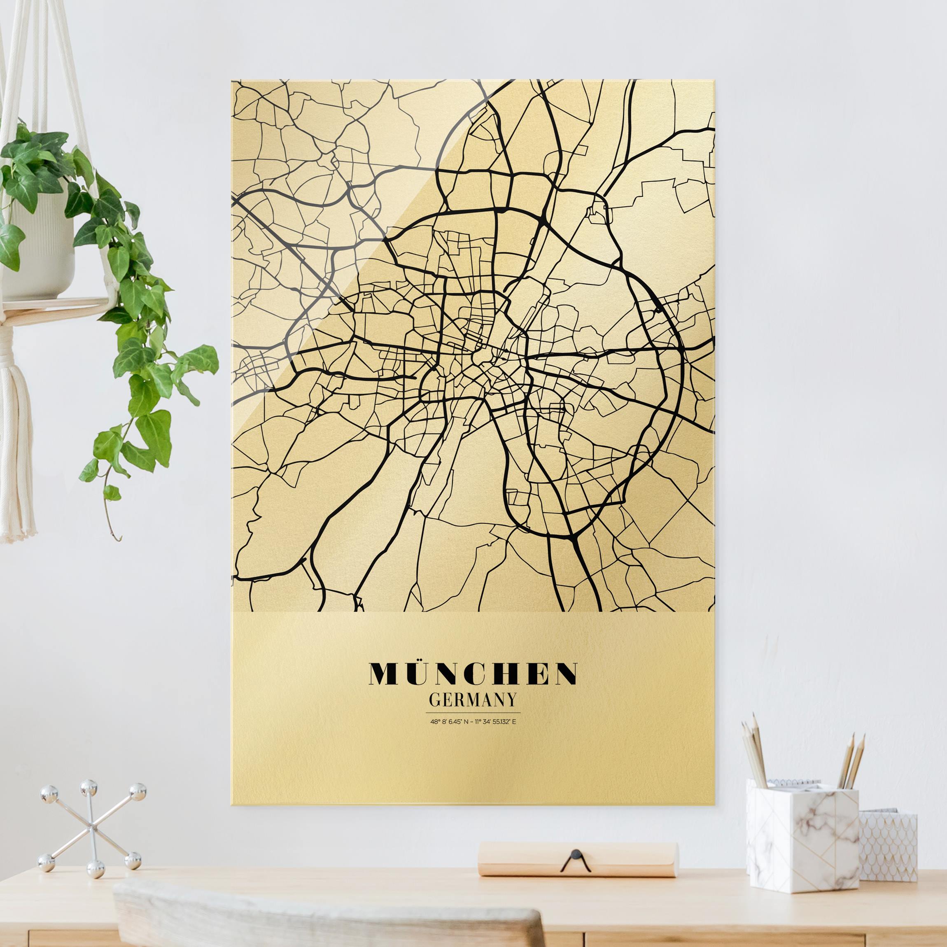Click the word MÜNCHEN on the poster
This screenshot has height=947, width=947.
coord(473,674)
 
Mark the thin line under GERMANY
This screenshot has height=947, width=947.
coord(473,712)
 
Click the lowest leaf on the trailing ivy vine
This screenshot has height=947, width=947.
coord(112,492)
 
